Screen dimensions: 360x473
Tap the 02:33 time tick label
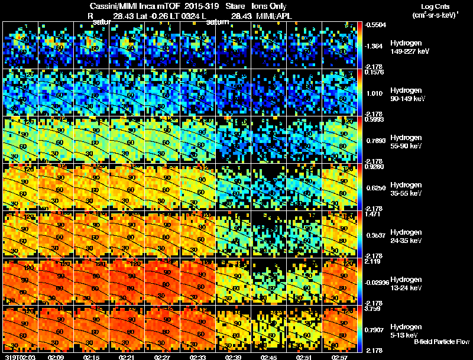tap(197, 357)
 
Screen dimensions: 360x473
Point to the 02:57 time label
tap(339, 357)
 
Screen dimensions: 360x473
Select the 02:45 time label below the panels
tap(268, 357)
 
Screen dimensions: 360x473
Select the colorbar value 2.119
tap(372, 261)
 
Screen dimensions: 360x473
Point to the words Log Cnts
tap(430, 5)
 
